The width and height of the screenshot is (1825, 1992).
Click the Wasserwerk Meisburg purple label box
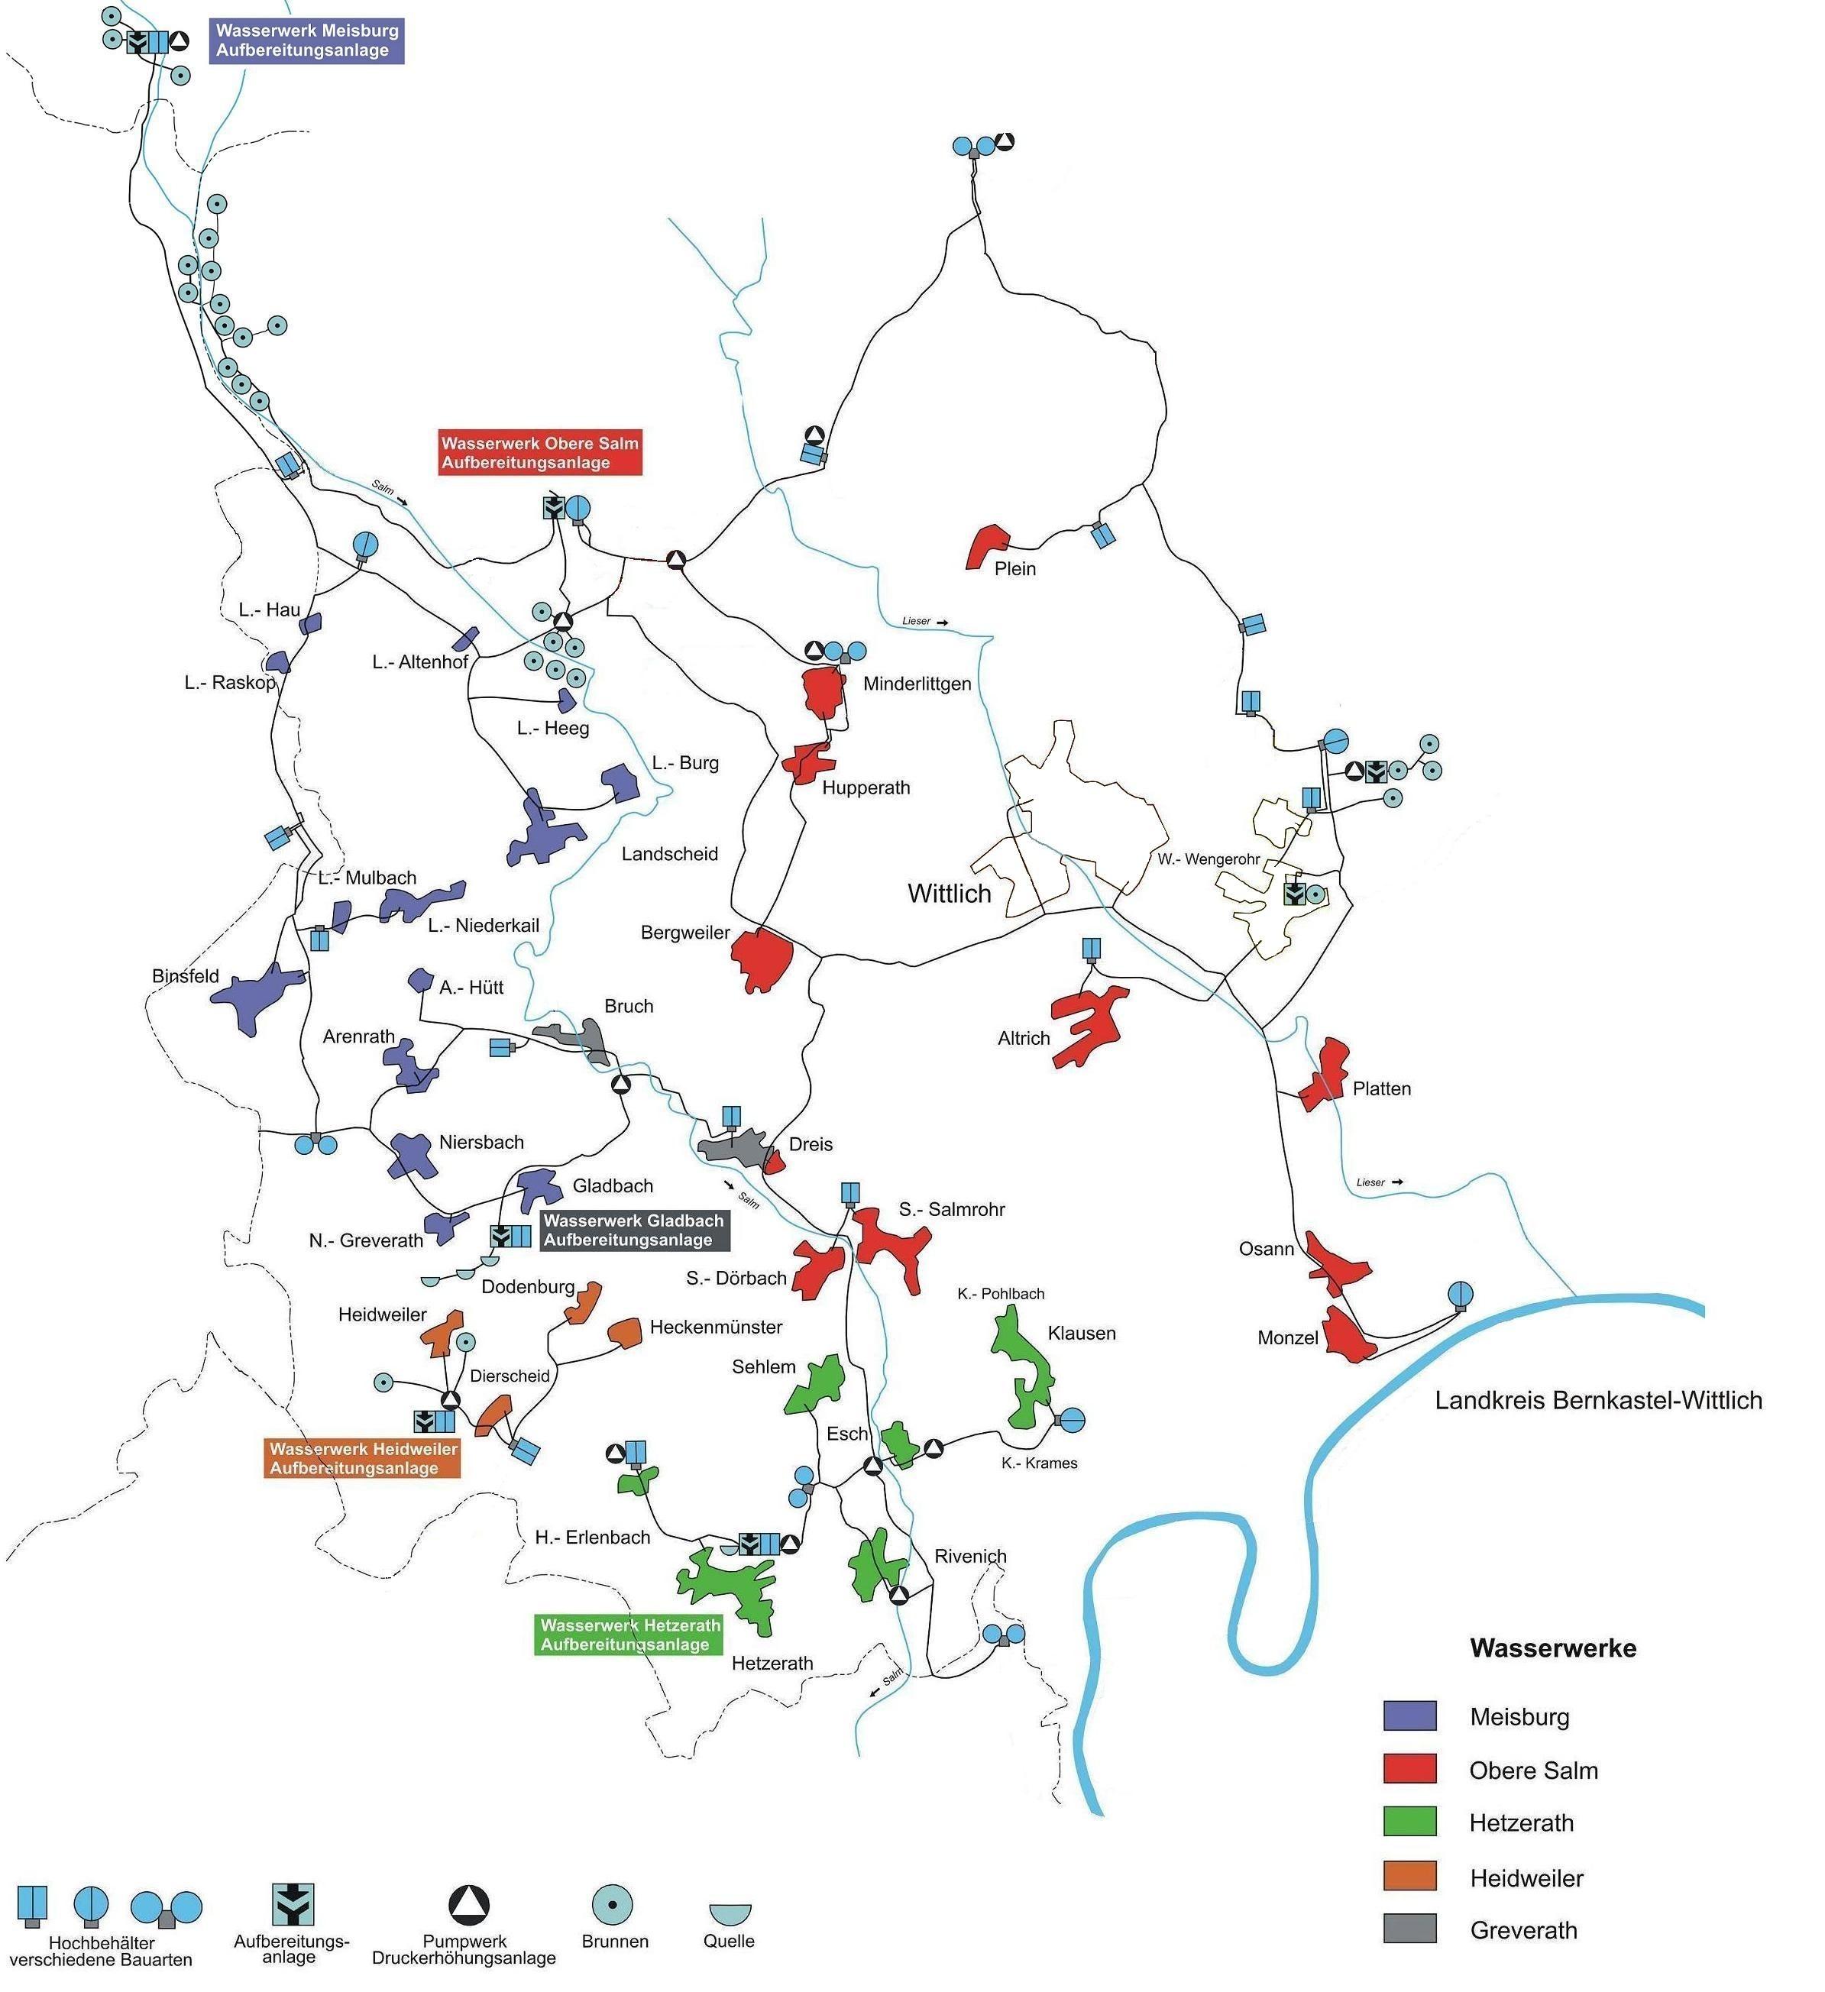pos(307,40)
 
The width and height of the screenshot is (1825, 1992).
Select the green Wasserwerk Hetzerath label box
pos(630,1635)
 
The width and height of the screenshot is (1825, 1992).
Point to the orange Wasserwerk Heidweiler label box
pos(364,1458)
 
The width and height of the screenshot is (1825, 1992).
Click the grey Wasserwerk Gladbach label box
pos(633,1230)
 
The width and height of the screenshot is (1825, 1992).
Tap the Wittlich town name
pos(950,894)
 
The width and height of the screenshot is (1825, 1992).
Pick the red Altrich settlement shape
pos(1087,1025)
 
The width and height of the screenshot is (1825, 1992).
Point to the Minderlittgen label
pos(917,684)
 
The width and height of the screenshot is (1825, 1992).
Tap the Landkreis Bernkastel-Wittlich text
pos(1598,1400)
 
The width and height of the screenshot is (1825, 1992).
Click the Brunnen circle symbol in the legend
pos(612,1903)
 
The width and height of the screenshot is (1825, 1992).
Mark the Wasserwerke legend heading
pos(1552,1648)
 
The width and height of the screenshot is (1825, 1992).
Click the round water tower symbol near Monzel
pos(1459,1295)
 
